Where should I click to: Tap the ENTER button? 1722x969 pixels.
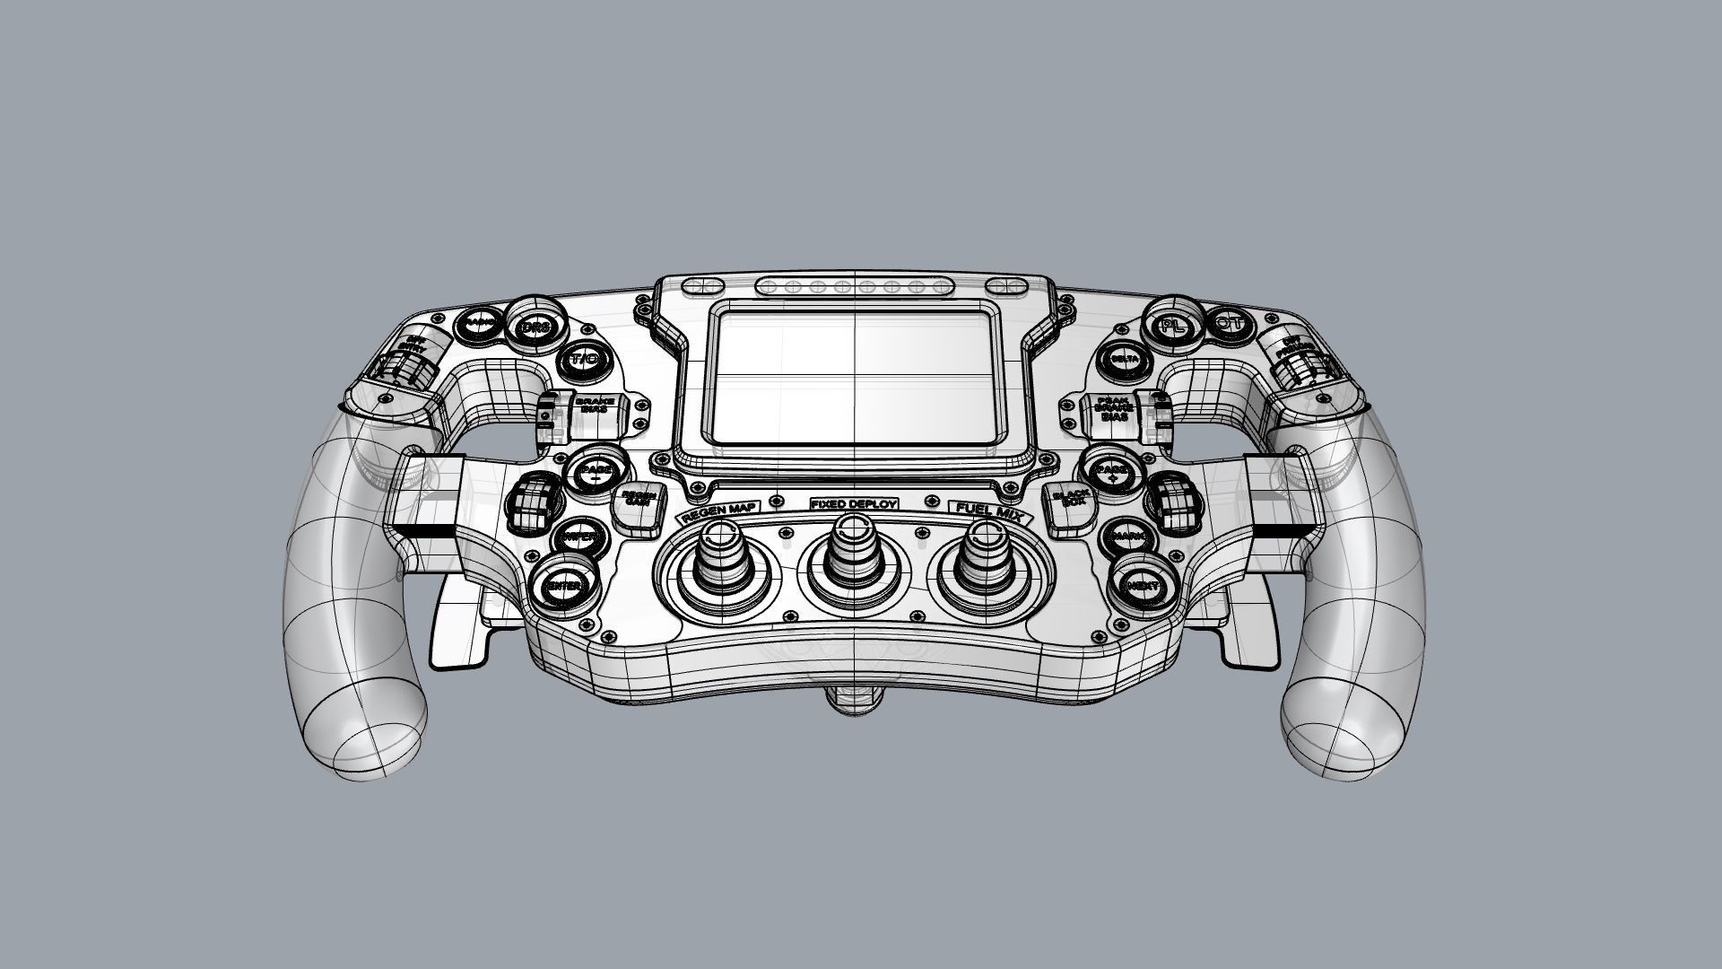click(564, 586)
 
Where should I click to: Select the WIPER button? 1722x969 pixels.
click(579, 537)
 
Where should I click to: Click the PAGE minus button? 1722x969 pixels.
click(594, 471)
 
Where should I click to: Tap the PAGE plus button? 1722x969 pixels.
click(1113, 470)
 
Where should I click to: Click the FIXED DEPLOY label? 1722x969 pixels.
click(853, 504)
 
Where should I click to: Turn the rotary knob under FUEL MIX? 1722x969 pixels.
click(985, 560)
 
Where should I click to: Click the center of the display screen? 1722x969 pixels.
click(857, 376)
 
